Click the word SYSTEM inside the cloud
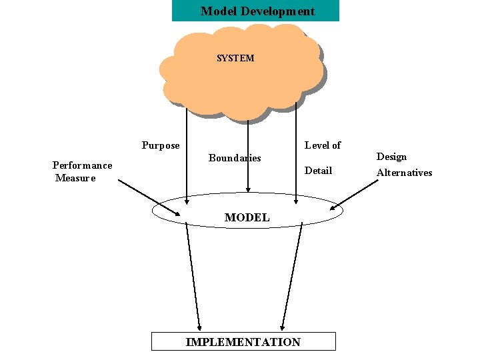point(235,58)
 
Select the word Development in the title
point(279,11)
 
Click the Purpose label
point(161,145)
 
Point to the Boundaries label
point(234,158)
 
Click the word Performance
point(82,165)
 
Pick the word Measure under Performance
point(75,178)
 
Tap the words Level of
point(323,145)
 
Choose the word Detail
point(318,170)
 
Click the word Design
point(391,157)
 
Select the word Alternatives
point(404,173)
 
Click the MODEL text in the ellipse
point(247,217)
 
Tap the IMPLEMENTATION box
point(243,342)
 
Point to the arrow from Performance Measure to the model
point(148,196)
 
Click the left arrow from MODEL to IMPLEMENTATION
point(193,273)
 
